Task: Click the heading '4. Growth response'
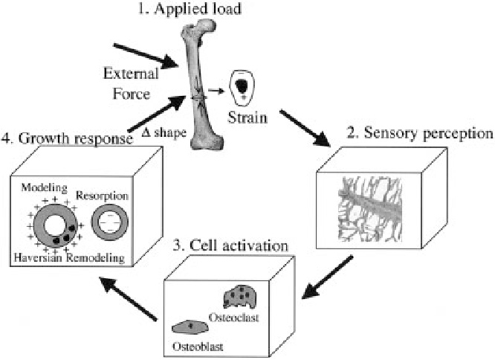(68, 138)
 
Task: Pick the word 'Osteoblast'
(192, 347)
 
